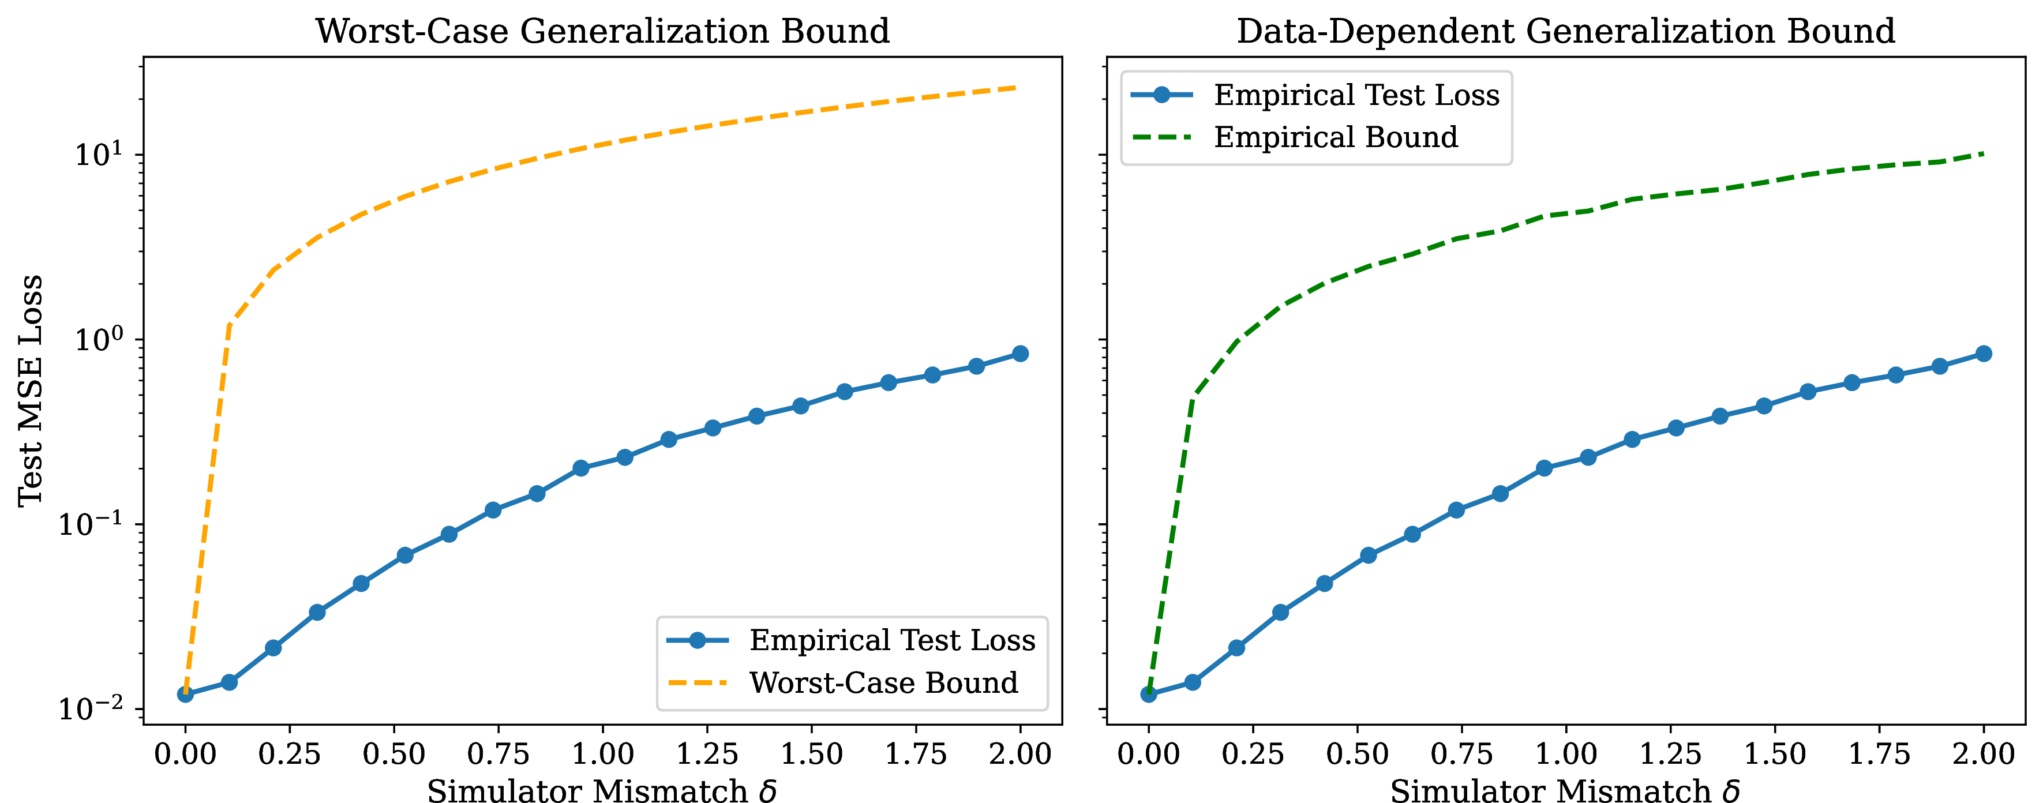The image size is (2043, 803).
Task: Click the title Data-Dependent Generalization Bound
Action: click(x=1565, y=31)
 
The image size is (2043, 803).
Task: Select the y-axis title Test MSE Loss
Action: click(x=30, y=390)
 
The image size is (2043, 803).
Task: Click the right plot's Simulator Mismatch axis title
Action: click(x=1565, y=791)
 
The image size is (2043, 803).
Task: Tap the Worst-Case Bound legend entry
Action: click(x=883, y=682)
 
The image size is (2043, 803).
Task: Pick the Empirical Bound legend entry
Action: click(x=1336, y=137)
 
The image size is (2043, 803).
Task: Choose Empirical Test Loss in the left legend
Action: click(x=892, y=640)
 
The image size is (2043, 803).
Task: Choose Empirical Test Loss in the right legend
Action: click(x=1356, y=95)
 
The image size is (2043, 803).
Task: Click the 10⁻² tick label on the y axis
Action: click(x=91, y=707)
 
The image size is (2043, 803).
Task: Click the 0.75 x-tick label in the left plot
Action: click(x=498, y=754)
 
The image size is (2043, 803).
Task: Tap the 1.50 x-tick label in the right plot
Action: click(x=1775, y=754)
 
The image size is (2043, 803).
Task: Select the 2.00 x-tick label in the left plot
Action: click(x=1020, y=754)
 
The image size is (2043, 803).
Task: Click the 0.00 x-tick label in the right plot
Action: click(x=1148, y=754)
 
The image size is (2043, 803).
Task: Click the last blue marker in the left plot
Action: click(x=1020, y=354)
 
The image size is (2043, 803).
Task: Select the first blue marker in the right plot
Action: click(x=1148, y=695)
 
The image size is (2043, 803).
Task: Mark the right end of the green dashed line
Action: click(x=1983, y=153)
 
